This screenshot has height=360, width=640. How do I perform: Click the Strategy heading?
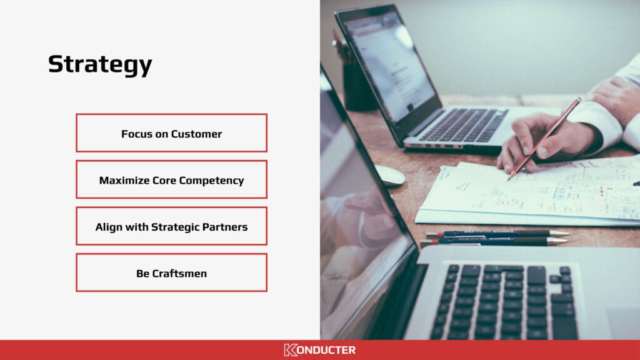pyautogui.click(x=100, y=65)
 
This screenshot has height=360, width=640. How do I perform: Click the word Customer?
pyautogui.click(x=196, y=134)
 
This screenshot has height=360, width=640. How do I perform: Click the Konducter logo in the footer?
pyautogui.click(x=319, y=350)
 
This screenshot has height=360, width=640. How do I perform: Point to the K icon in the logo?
pyautogui.click(x=290, y=350)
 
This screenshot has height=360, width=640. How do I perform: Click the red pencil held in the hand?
pyautogui.click(x=544, y=139)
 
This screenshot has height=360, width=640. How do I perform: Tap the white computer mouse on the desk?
pyautogui.click(x=390, y=176)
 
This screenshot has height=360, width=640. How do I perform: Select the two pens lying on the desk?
pyautogui.click(x=495, y=237)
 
